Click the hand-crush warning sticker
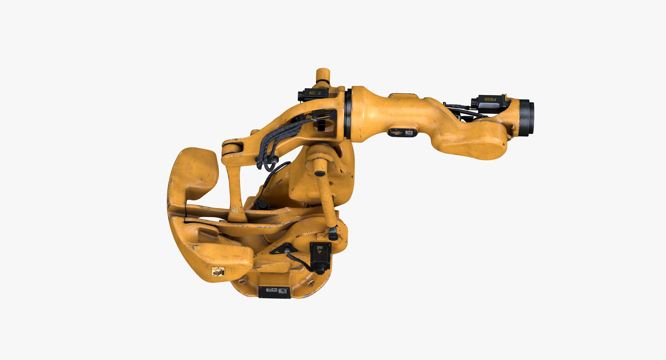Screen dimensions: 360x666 218,272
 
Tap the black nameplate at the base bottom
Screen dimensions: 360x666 274,292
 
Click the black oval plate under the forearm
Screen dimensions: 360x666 402,132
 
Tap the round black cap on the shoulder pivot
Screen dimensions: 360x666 319,172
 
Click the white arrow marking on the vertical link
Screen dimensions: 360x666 236,209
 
